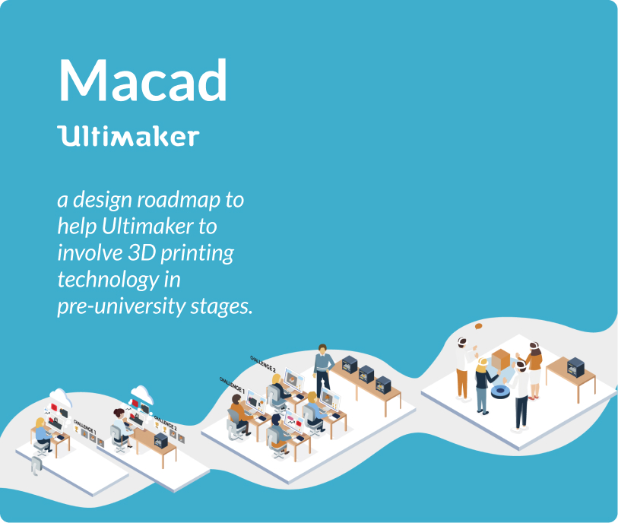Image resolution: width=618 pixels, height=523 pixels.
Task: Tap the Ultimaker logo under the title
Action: [x=128, y=136]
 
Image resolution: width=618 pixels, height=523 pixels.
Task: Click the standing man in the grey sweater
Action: [x=323, y=369]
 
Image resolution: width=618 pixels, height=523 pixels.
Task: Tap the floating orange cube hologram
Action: [x=501, y=360]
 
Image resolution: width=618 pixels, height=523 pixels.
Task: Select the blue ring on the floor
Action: [x=500, y=392]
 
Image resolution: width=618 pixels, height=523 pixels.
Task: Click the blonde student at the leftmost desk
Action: [x=42, y=433]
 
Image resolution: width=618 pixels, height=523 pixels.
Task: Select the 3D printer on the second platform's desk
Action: [x=160, y=439]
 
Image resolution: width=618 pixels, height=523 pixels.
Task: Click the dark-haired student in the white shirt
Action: [x=119, y=424]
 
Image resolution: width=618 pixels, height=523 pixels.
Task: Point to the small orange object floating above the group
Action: [x=479, y=326]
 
